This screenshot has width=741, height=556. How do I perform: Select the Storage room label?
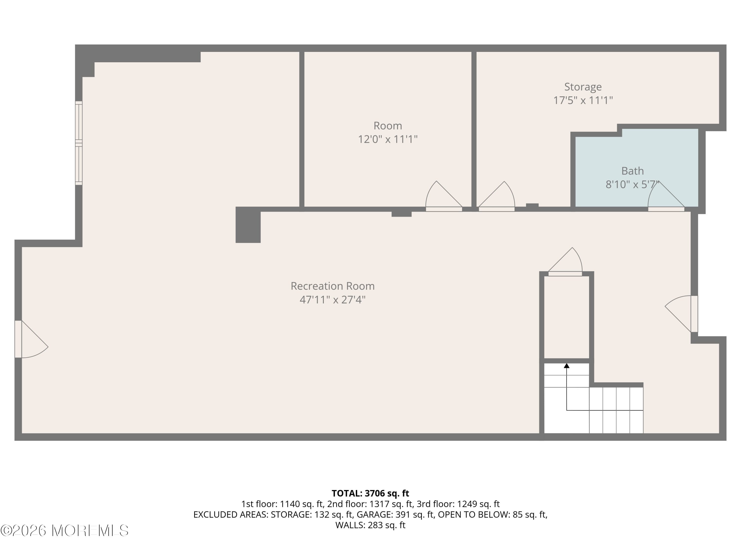pos(583,87)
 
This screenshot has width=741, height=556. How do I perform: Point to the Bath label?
pos(633,171)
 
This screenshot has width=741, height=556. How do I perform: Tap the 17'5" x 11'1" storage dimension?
pos(583,100)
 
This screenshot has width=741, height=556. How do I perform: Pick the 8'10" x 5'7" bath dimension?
pos(632,184)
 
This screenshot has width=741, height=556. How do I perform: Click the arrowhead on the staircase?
pos(566,366)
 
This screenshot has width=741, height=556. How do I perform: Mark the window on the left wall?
pos(79,143)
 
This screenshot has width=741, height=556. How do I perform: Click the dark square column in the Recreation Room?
pos(248,225)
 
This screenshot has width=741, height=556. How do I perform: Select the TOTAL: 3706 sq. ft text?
pos(370,493)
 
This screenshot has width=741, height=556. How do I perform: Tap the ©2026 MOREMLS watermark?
pos(64,531)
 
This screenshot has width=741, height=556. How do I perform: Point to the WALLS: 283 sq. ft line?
pos(370,525)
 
